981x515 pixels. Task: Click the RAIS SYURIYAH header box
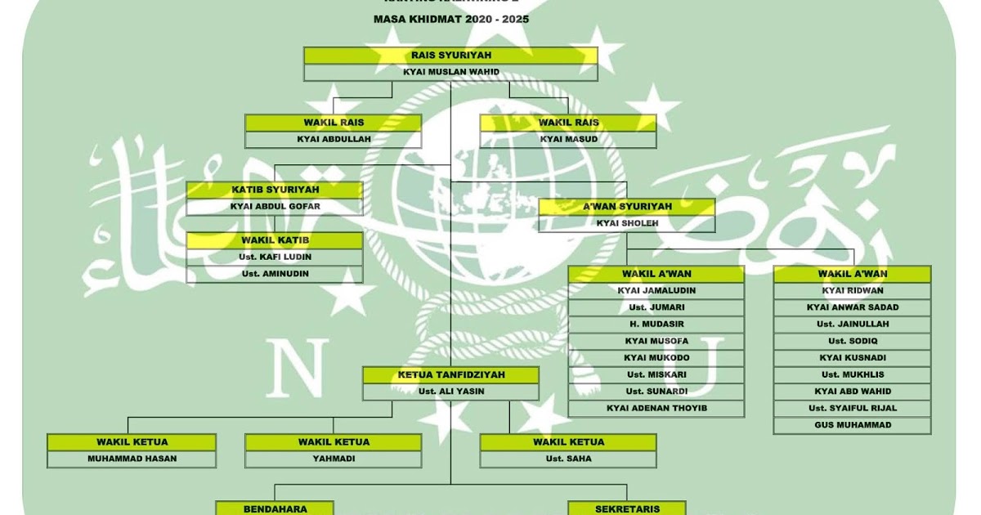click(x=450, y=56)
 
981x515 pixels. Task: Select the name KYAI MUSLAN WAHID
click(x=450, y=72)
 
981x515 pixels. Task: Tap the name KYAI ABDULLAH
click(x=334, y=139)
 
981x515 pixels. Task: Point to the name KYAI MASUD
click(x=568, y=139)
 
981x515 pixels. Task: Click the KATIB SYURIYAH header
click(x=275, y=190)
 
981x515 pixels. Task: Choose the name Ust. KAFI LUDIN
click(x=275, y=257)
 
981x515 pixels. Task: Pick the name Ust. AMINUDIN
click(x=275, y=274)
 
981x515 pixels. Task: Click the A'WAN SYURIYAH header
click(x=627, y=206)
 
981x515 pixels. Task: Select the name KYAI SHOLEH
click(x=627, y=223)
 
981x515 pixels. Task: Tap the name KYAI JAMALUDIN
click(x=656, y=290)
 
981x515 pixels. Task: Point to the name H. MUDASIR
click(x=656, y=324)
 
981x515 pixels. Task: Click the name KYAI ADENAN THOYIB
click(x=656, y=408)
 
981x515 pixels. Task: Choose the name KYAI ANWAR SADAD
click(x=853, y=307)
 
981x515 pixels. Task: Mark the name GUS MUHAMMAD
click(x=853, y=425)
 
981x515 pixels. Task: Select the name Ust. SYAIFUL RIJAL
click(x=853, y=408)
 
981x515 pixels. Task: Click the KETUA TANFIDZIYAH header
click(x=451, y=374)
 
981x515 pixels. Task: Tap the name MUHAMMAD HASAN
click(x=132, y=459)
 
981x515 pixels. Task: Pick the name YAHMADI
click(x=334, y=459)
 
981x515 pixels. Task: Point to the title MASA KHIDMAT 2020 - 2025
click(x=450, y=18)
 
